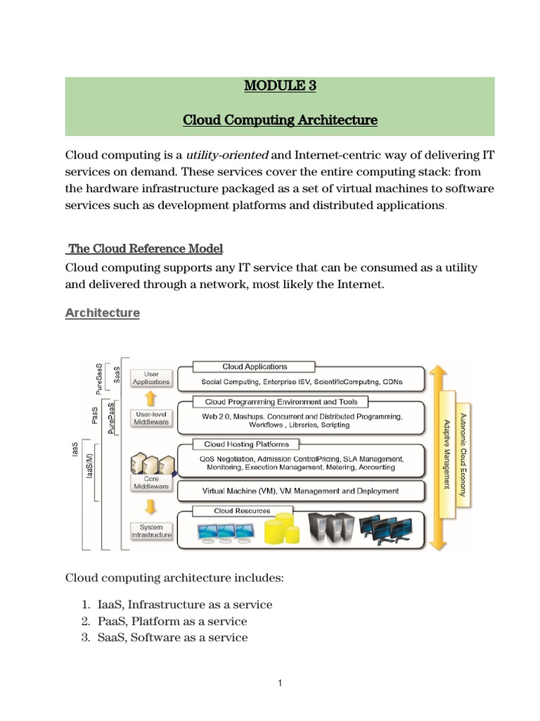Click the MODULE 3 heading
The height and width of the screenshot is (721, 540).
tap(280, 87)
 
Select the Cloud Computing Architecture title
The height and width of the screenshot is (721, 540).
tap(280, 120)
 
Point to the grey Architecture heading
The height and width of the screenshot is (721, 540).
tap(103, 313)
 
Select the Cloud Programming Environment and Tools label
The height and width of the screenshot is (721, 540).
tap(281, 402)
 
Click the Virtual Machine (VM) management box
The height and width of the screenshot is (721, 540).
tap(301, 491)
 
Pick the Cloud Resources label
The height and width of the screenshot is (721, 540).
tap(241, 511)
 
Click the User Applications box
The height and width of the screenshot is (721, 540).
tap(151, 378)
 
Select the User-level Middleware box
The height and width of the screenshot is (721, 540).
tap(151, 418)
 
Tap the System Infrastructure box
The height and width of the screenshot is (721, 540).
tap(151, 531)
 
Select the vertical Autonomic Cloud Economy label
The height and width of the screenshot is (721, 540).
tap(462, 451)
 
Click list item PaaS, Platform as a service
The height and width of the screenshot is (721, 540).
tap(172, 622)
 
